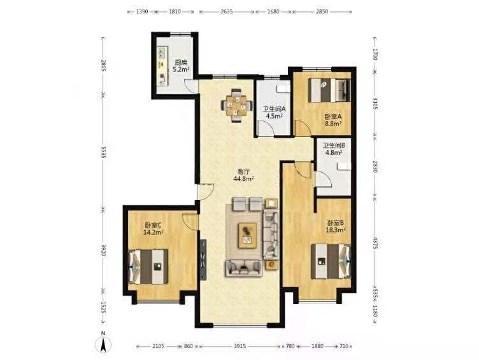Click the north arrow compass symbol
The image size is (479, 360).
(104, 344)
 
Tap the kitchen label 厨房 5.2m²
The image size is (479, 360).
(180, 66)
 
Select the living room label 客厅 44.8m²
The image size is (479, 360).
(244, 176)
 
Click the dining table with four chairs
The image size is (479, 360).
(237, 105)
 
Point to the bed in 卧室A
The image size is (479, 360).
(329, 90)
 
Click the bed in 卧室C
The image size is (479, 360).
(148, 266)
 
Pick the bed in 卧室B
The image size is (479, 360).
(331, 261)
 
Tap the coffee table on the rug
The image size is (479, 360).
(247, 235)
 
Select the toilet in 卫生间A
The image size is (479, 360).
(283, 89)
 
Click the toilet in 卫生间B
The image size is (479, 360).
(344, 166)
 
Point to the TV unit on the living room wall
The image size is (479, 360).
(203, 260)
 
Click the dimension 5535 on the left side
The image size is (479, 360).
(103, 152)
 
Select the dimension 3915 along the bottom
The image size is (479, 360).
(240, 346)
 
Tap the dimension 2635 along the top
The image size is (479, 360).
(227, 11)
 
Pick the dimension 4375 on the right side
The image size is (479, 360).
(375, 241)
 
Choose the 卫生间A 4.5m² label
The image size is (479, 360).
(274, 113)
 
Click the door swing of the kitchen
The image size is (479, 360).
(191, 85)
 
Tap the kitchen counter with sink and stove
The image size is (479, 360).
(162, 66)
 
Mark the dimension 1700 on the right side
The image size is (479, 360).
(375, 55)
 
